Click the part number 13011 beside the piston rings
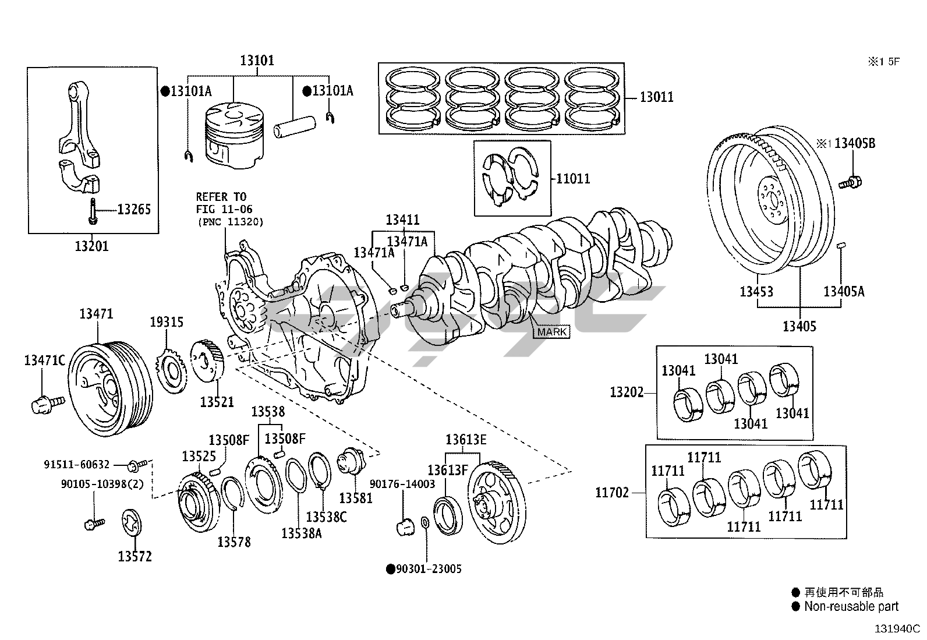[x=656, y=97]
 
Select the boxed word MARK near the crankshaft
[x=551, y=332]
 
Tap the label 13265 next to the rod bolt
[x=134, y=209]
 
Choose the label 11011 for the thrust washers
[x=573, y=178]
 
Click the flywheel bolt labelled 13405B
[x=850, y=182]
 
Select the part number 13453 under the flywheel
[x=756, y=291]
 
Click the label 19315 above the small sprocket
[x=167, y=322]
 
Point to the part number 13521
[x=217, y=402]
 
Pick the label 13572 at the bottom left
[x=135, y=557]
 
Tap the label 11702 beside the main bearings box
[x=612, y=493]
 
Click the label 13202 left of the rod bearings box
[x=627, y=392]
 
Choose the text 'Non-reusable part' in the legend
[x=851, y=607]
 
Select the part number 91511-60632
[x=76, y=465]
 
